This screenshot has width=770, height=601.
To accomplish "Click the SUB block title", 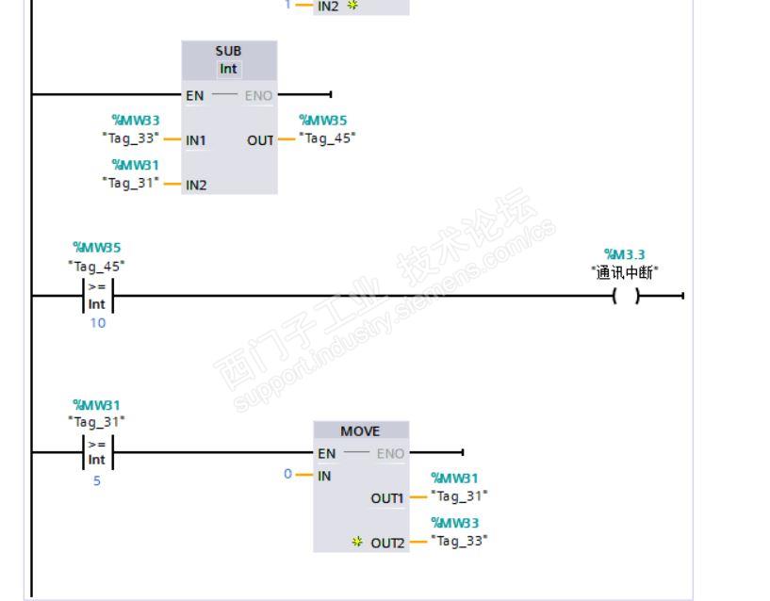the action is tap(228, 51).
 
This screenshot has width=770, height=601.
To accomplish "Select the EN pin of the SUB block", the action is tap(194, 96).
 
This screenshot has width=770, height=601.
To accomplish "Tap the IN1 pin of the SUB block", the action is tap(195, 140).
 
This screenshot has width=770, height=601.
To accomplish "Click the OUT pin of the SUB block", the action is tap(260, 140).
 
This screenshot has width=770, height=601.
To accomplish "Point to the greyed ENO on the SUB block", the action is tap(258, 96).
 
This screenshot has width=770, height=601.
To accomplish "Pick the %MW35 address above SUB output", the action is tap(323, 121).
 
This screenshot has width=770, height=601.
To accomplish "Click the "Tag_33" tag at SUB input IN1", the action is tap(131, 138).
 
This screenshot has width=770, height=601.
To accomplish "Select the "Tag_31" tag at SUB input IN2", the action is tap(131, 183).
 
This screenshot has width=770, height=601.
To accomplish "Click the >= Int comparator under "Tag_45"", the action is tap(98, 296).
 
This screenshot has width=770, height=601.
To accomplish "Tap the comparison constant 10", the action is tap(98, 323).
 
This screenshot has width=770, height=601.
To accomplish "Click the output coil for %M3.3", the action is tap(626, 296).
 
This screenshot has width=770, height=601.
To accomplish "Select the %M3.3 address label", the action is tap(624, 254).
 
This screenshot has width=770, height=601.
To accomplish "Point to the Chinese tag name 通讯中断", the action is tap(625, 272).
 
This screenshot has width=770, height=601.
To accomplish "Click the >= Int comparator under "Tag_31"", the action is tap(98, 452).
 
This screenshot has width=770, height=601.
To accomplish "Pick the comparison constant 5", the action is tap(97, 480).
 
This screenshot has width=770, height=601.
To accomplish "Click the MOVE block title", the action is tap(360, 431).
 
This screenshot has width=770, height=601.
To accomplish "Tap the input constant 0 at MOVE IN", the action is tap(287, 474).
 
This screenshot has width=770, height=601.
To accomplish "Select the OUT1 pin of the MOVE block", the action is tap(387, 498).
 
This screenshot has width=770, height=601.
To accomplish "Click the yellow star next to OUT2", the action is tap(357, 542).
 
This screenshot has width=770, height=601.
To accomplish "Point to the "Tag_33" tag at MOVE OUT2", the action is tap(459, 541).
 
